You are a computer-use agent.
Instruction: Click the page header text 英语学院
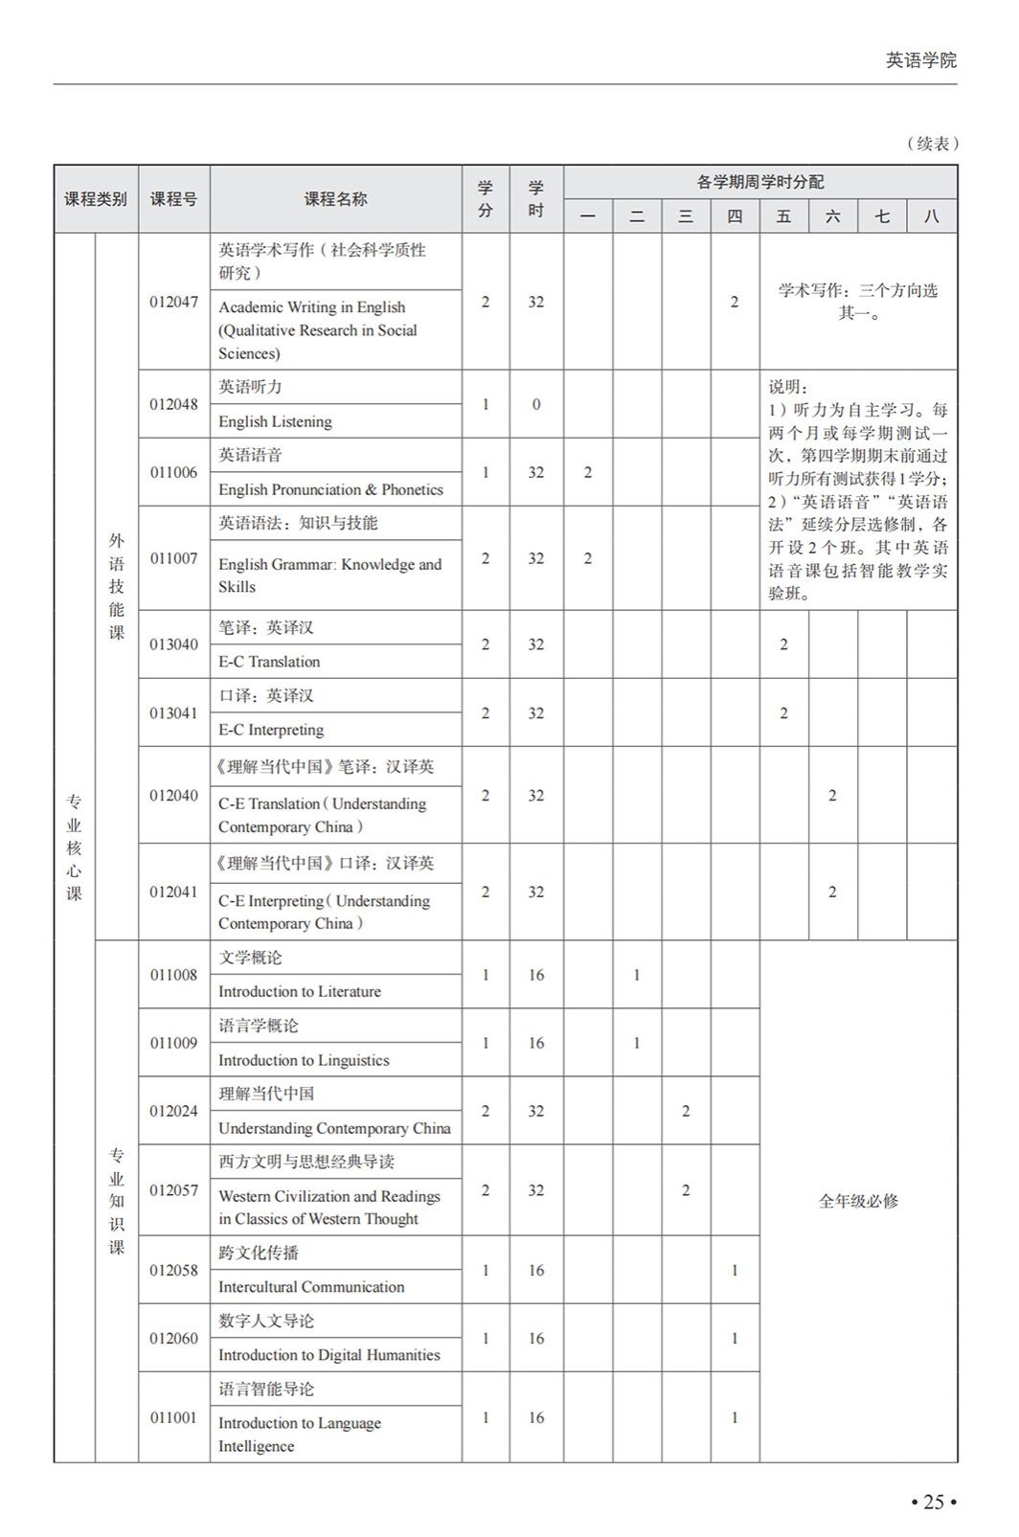tap(920, 60)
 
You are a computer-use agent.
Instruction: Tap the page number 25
tap(933, 1502)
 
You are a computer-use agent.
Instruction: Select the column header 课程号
tap(173, 199)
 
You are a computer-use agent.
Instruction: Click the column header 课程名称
tap(335, 199)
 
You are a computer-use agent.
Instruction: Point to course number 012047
tap(173, 302)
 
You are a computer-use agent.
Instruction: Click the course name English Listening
tap(275, 421)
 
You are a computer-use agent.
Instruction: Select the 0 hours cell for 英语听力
tap(535, 404)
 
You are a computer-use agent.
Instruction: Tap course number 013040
tap(173, 644)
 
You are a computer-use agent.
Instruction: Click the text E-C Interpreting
tap(271, 730)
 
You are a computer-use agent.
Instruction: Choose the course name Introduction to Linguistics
tap(304, 1060)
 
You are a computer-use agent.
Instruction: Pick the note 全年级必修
tap(858, 1201)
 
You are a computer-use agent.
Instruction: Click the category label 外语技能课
tap(116, 586)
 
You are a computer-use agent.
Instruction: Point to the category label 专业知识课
tap(116, 1201)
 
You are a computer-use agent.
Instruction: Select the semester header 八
tap(931, 216)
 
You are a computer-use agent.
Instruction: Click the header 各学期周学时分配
tap(759, 182)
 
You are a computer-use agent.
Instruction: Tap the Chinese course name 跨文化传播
tap(259, 1253)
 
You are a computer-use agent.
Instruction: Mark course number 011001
tap(173, 1417)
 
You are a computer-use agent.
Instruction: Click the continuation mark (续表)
tap(932, 144)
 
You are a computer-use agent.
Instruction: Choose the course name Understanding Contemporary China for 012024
tap(334, 1128)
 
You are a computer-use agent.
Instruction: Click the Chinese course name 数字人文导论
tap(266, 1321)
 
